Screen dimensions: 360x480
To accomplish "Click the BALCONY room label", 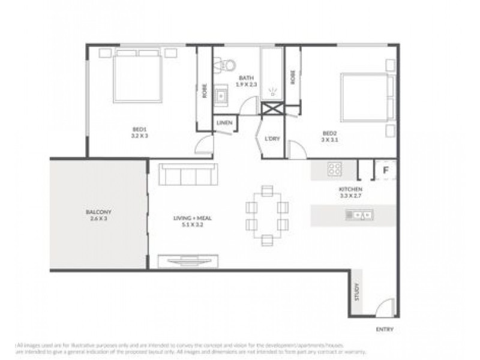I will point(98,212).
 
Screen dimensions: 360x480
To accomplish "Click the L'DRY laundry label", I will point(272,139).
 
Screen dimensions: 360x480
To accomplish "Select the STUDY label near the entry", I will point(357,292).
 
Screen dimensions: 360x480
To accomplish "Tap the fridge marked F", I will point(386,170).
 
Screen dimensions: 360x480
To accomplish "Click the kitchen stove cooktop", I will point(334,169).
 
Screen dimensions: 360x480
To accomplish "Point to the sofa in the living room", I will point(188,175).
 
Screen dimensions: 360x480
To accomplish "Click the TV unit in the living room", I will point(188,261).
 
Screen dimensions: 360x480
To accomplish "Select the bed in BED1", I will point(137,76).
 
